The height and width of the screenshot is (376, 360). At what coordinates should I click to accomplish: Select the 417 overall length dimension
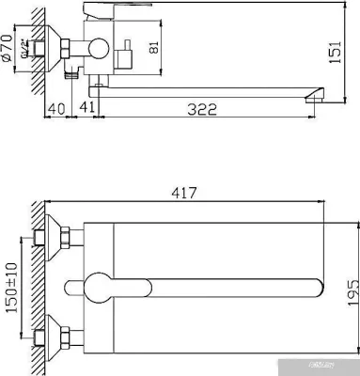click(184, 194)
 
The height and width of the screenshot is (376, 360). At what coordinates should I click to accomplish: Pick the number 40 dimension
click(57, 110)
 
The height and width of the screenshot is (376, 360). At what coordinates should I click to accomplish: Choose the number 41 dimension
click(86, 110)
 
